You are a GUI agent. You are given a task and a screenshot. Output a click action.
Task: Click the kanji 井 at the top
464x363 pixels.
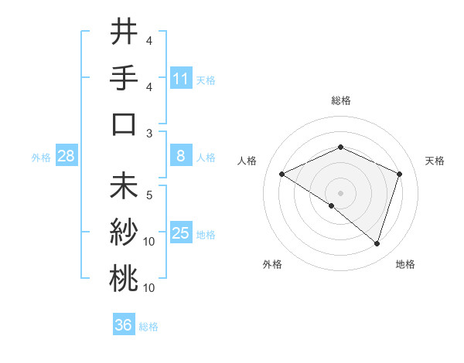(x=124, y=32)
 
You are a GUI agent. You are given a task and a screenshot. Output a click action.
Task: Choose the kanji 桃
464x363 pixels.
(x=124, y=279)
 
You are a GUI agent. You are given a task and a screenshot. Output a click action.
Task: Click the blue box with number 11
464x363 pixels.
(x=181, y=79)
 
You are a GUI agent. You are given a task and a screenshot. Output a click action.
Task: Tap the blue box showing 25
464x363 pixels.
(x=181, y=234)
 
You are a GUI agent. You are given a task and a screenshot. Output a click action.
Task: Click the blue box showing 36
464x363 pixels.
(x=124, y=325)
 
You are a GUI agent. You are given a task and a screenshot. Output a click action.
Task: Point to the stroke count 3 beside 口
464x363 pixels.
(x=149, y=133)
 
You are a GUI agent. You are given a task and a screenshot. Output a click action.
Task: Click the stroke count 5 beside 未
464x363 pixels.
(x=149, y=195)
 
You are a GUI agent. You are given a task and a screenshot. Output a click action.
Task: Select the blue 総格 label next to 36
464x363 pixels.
(x=148, y=327)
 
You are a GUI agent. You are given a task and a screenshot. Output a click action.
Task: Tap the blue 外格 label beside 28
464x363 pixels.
(x=41, y=158)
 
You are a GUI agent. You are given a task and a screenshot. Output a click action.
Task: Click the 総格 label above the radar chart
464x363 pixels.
(x=340, y=100)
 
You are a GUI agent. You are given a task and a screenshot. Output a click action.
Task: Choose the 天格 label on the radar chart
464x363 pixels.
(x=435, y=161)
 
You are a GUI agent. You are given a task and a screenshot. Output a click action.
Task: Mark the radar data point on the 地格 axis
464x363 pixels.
(x=377, y=243)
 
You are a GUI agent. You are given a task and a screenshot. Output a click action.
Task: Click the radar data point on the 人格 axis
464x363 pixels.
(x=282, y=174)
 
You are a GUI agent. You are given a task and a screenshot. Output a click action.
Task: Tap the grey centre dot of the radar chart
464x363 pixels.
(x=340, y=192)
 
